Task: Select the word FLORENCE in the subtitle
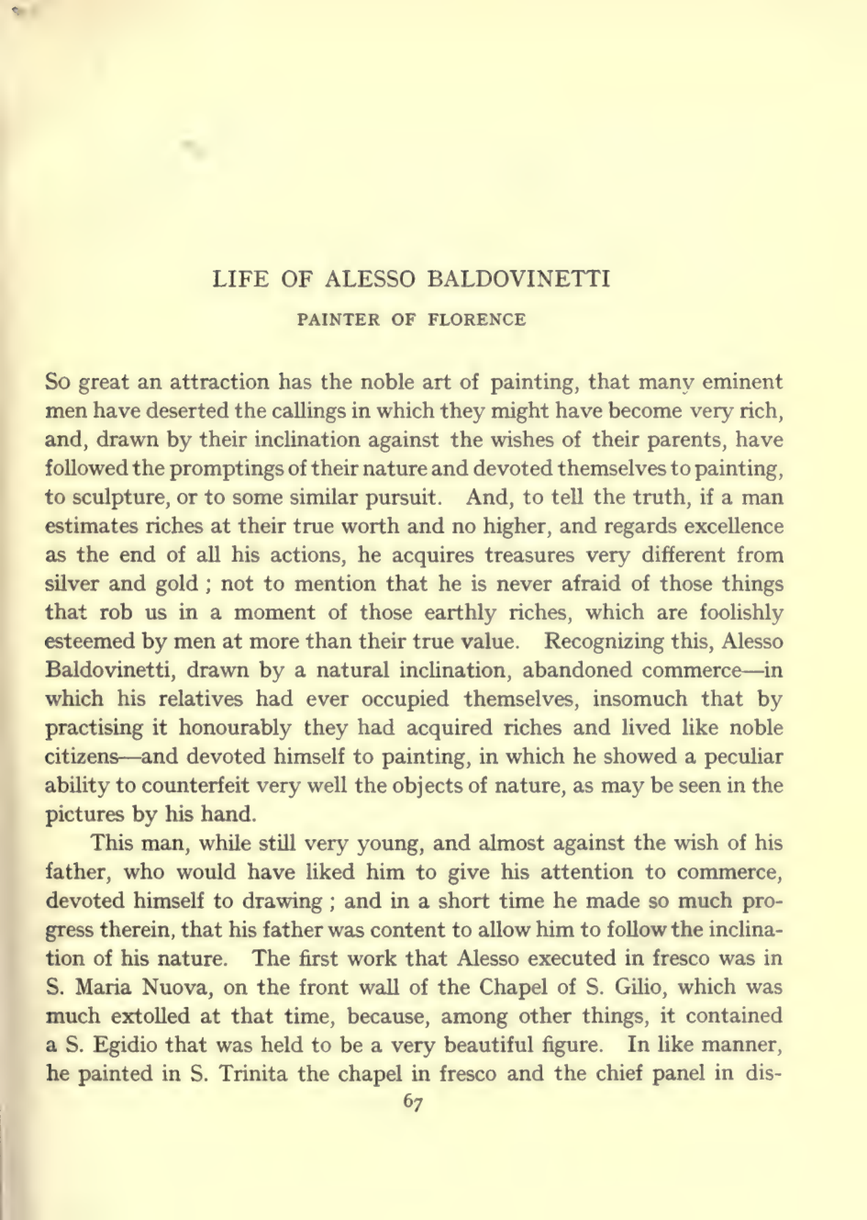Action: click(x=483, y=320)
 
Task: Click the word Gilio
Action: click(x=650, y=987)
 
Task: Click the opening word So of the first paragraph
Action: click(x=58, y=382)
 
